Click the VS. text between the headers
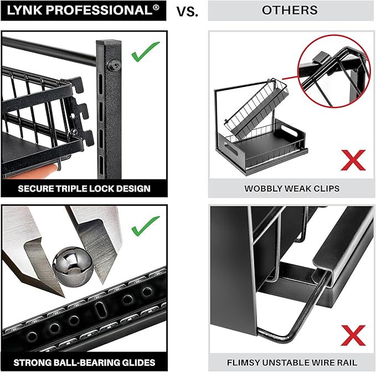click(187, 11)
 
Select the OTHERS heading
click(290, 11)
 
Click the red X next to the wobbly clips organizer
click(352, 161)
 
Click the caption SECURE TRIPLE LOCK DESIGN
click(84, 188)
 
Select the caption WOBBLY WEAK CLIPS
click(292, 188)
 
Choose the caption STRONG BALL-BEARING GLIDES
click(84, 362)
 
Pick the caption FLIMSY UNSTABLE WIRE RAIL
click(292, 362)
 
